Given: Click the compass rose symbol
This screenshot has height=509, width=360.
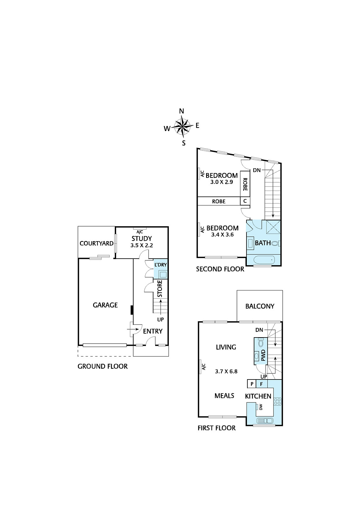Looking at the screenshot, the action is click(183, 127).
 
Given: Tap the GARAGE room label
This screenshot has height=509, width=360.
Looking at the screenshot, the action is click(105, 305).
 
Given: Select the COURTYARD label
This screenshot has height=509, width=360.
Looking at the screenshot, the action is click(97, 243).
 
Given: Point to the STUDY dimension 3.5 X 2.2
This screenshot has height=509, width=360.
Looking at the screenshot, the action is click(142, 245).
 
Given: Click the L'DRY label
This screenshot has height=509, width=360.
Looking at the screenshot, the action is click(161, 265).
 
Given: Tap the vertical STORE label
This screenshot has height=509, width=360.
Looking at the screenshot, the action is click(160, 289).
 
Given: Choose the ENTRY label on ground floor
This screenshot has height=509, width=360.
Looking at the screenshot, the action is click(153, 331).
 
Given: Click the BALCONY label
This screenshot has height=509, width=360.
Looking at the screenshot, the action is click(260, 306).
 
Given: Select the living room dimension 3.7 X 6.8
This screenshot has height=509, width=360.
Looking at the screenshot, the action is click(226, 372).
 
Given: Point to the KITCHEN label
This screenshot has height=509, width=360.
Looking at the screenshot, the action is click(258, 396).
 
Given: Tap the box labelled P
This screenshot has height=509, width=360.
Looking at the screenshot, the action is click(252, 384).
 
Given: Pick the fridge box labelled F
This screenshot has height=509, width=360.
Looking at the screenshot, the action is click(262, 384).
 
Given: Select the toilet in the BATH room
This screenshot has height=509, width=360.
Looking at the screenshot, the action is click(276, 244).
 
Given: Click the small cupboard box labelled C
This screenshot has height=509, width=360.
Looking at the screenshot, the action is click(245, 201).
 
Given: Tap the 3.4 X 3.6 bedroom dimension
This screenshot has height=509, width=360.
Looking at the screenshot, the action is click(222, 235).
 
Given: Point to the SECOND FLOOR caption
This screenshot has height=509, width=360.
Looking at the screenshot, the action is click(220, 269).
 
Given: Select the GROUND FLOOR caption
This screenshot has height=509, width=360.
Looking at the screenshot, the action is click(103, 366).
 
